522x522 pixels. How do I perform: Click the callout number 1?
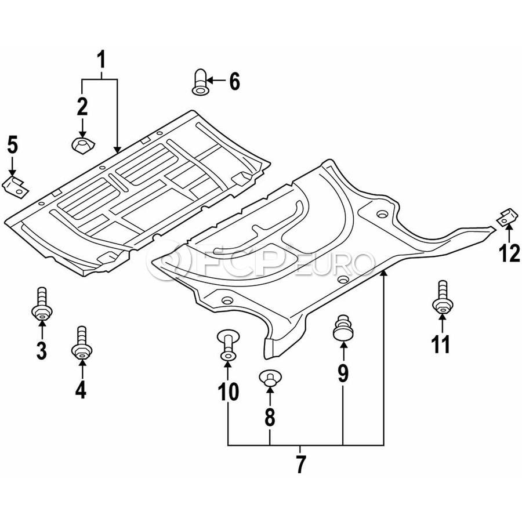click(x=101, y=59)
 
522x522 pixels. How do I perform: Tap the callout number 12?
click(x=509, y=253)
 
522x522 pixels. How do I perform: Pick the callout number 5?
click(x=12, y=145)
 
